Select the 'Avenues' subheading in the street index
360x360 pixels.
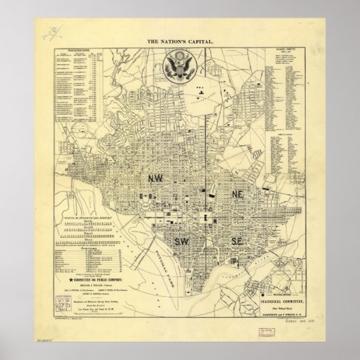[x=87, y=249]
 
